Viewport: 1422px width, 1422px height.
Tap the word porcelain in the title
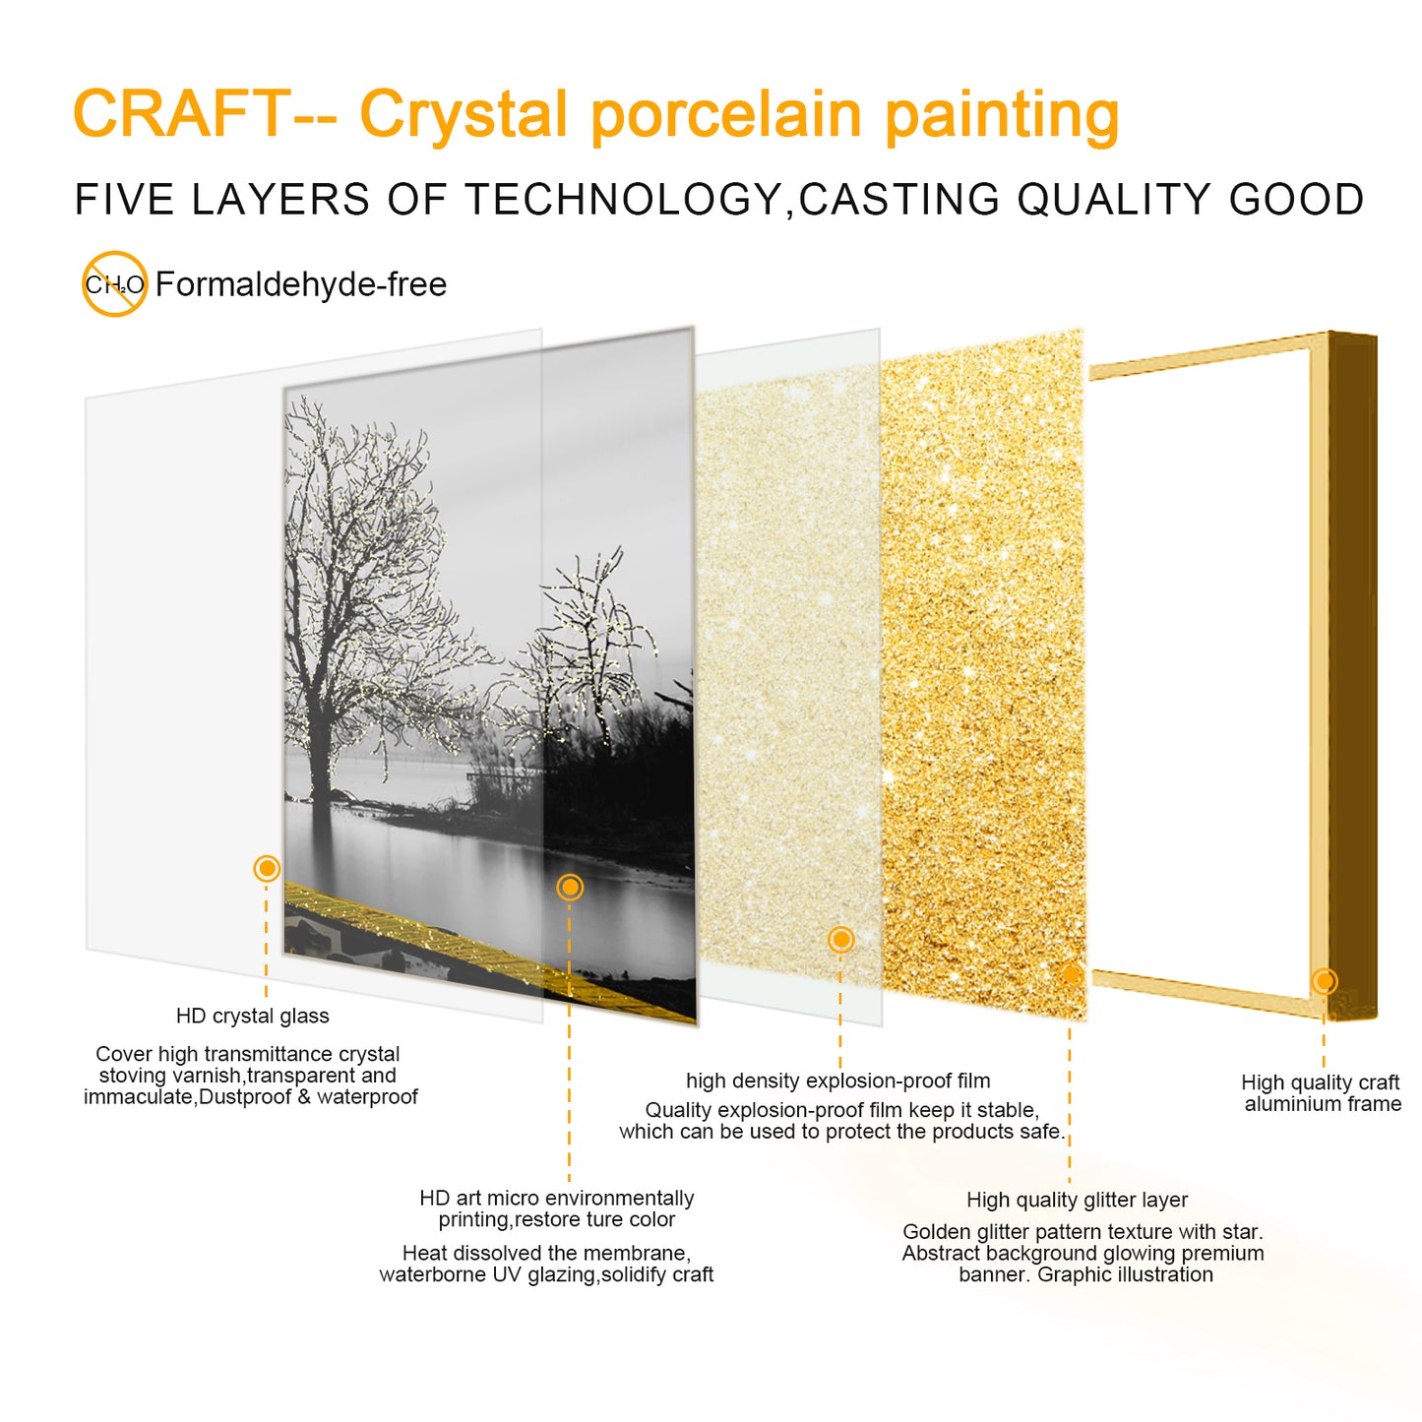click(725, 115)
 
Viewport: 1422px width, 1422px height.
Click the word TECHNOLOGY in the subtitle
click(623, 200)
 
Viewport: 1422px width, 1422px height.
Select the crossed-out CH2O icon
click(114, 284)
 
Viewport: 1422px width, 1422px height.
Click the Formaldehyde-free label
click(301, 284)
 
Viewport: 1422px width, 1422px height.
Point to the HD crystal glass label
click(252, 1016)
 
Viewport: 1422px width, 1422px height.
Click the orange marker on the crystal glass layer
click(267, 868)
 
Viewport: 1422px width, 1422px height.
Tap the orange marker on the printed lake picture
click(570, 888)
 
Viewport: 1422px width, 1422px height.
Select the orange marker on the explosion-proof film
click(840, 940)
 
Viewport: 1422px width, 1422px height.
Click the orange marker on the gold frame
click(1325, 980)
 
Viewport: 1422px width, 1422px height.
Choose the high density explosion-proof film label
click(837, 1081)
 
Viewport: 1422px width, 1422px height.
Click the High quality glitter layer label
click(1077, 1200)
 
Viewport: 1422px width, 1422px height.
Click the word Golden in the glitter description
click(939, 1232)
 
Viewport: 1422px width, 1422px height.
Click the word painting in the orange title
click(1001, 115)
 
